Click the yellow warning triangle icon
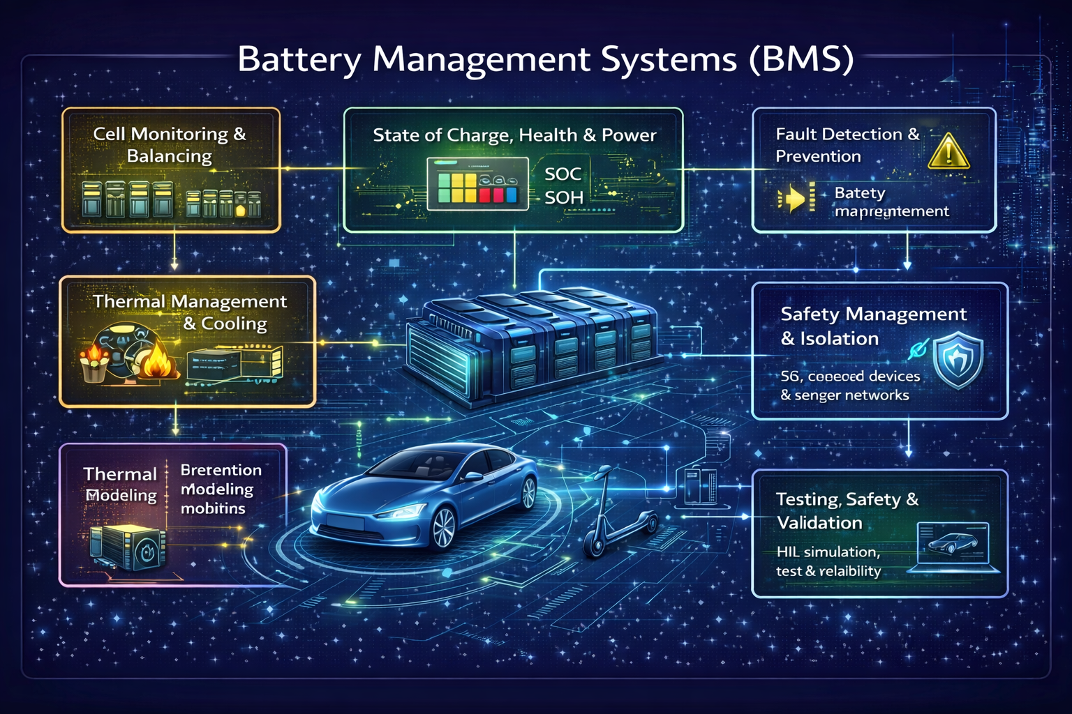coord(948,152)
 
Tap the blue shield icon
coord(958,360)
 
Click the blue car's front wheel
coord(444,528)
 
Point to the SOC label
coord(563,174)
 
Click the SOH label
coord(563,198)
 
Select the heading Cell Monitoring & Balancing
coord(170,144)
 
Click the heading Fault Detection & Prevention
coord(847,144)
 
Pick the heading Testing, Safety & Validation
coord(847,510)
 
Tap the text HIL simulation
coord(828,552)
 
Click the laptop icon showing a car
coord(953,547)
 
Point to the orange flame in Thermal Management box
coord(155,361)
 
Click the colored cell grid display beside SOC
coord(477,183)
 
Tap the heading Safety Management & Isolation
coord(872,326)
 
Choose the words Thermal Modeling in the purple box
coord(120,485)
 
